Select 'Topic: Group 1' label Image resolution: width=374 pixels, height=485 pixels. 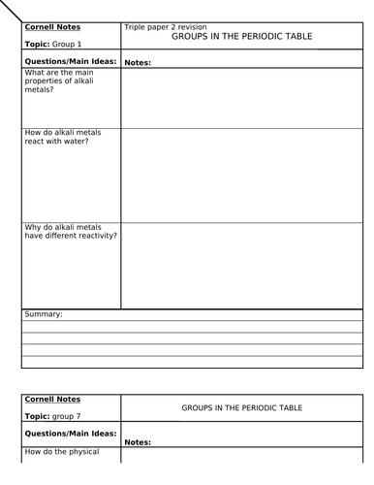tap(54, 45)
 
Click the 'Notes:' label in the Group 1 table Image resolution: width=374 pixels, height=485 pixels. tap(139, 63)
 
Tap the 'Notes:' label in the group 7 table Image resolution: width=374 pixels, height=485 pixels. tap(139, 442)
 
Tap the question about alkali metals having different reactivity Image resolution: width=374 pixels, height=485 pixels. tap(71, 231)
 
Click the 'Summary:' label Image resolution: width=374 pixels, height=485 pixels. tap(44, 314)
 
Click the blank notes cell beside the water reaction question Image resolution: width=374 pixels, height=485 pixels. tap(242, 175)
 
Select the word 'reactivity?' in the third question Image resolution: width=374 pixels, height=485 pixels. tap(97, 236)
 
